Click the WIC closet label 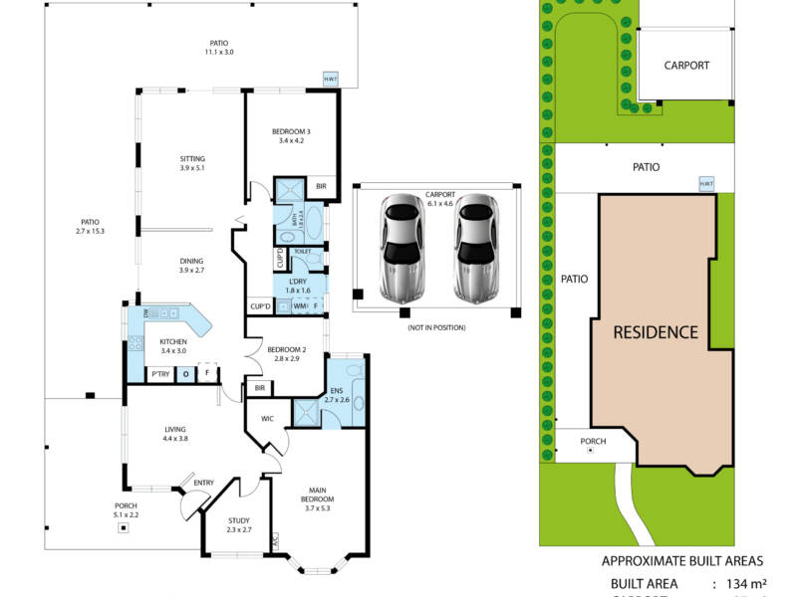tap(267, 418)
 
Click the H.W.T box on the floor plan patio tap(330, 80)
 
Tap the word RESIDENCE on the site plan tap(655, 331)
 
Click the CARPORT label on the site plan tap(686, 66)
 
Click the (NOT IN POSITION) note tap(436, 327)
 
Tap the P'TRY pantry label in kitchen tap(158, 374)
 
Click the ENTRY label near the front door tap(203, 483)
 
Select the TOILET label tap(303, 253)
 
